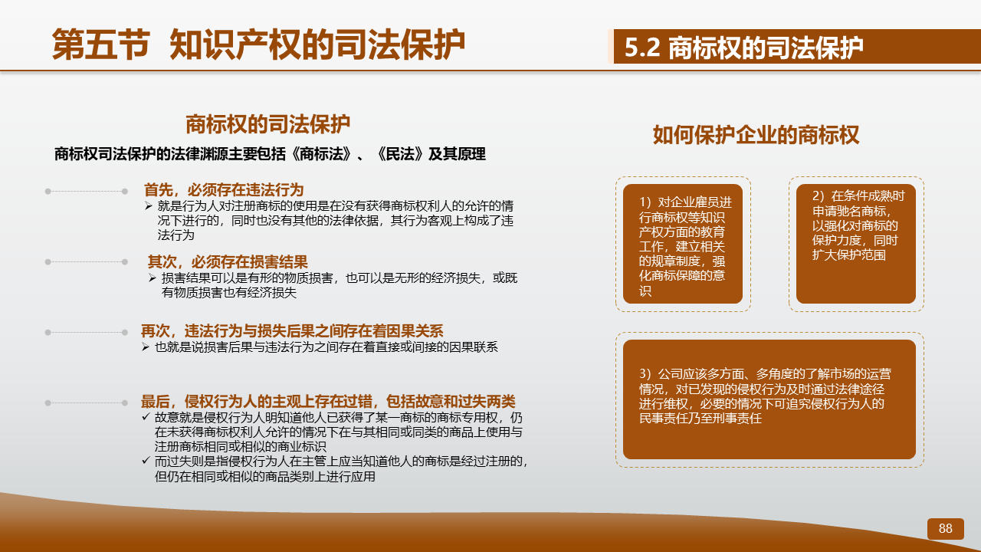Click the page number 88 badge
[x=946, y=529]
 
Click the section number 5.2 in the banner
[x=642, y=48]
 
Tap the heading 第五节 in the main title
[x=101, y=44]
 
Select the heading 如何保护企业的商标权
[x=756, y=134]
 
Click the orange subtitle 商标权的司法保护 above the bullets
[x=268, y=124]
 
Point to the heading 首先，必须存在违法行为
[x=224, y=190]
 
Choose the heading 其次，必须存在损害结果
[x=228, y=262]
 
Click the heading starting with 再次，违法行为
[x=292, y=330]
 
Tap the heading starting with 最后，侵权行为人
[x=328, y=401]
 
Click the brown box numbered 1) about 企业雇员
[x=683, y=244]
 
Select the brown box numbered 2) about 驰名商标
[x=856, y=244]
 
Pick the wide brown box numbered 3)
[x=769, y=399]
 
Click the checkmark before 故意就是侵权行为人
[x=146, y=416]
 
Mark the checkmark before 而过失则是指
[x=146, y=461]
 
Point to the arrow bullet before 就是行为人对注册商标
[x=149, y=205]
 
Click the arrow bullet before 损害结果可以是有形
[x=152, y=278]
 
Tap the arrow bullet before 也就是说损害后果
[x=146, y=347]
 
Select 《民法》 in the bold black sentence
[x=400, y=154]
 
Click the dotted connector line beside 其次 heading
[x=87, y=262]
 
